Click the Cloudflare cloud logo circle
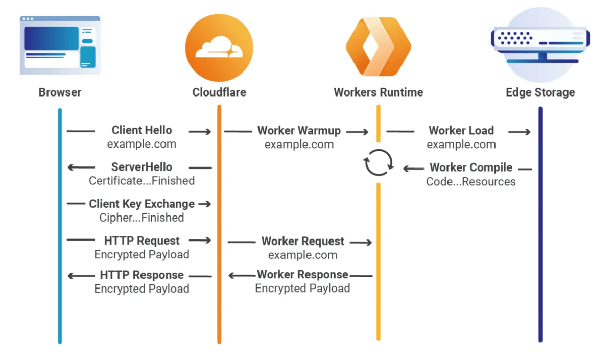[x=219, y=48]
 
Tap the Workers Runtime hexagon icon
[x=379, y=46]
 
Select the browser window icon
[x=60, y=45]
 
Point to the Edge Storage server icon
[x=540, y=45]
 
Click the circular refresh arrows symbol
[x=378, y=162]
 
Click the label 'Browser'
[x=60, y=92]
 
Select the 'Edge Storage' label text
[x=540, y=92]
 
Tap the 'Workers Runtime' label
[x=379, y=92]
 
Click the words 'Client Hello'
[x=142, y=130]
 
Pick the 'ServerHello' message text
[x=142, y=167]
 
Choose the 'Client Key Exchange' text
[x=142, y=204]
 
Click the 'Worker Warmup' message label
[x=299, y=131]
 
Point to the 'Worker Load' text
[x=461, y=131]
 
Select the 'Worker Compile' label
[x=471, y=167]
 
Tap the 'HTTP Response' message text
[x=142, y=275]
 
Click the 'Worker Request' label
[x=302, y=241]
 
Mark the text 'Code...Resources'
[x=470, y=181]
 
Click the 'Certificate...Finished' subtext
[x=142, y=181]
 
